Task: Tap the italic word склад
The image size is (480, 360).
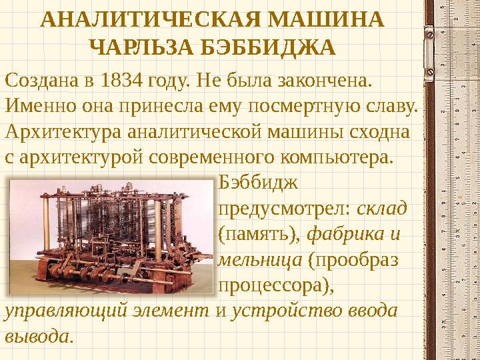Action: [382, 209]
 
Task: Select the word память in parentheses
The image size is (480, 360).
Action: [260, 234]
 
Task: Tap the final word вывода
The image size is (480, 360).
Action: [36, 336]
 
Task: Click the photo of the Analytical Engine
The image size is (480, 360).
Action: [111, 234]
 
